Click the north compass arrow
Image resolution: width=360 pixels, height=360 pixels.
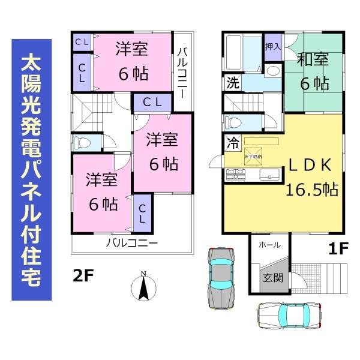(143, 287)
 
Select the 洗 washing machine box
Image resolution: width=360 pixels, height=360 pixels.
(232, 83)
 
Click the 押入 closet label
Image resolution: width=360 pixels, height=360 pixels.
(272, 46)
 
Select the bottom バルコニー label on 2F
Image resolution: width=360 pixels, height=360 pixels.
(131, 244)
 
